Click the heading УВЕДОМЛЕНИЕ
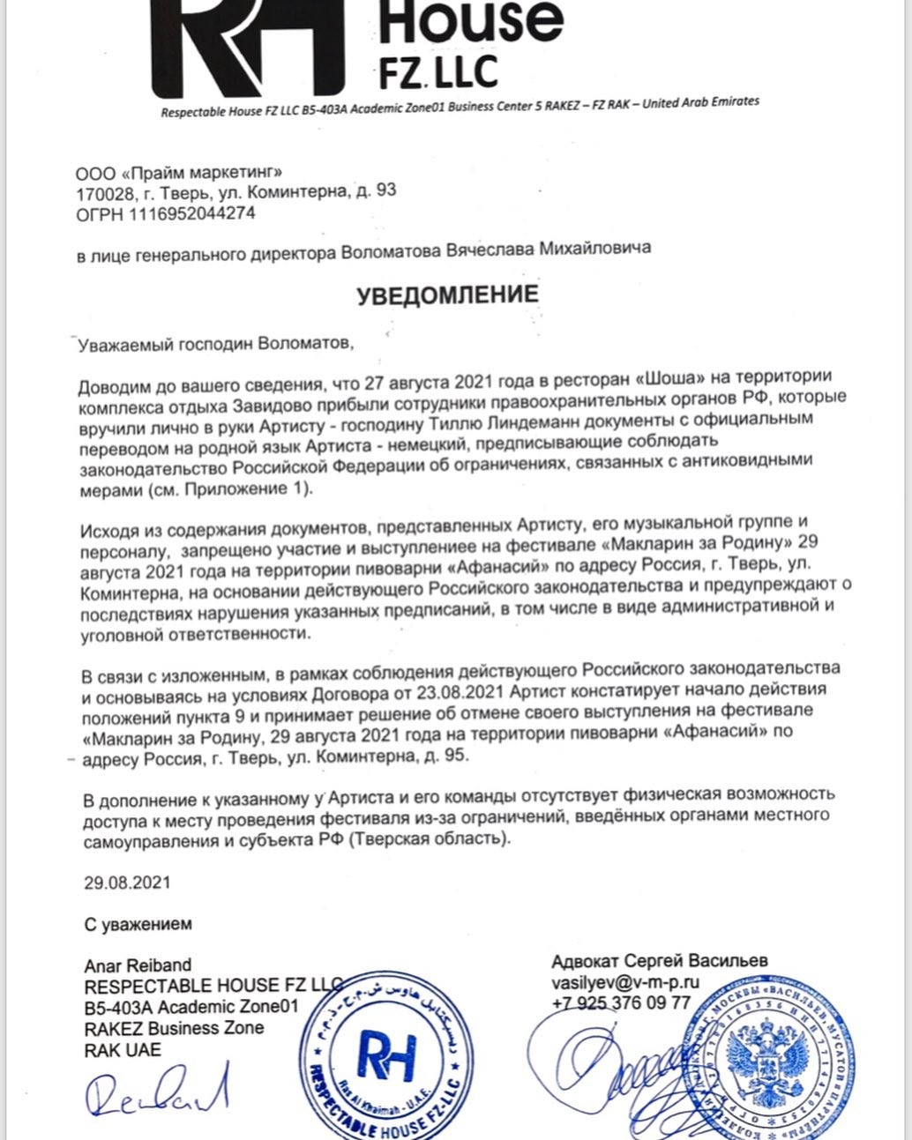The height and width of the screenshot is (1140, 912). (x=447, y=294)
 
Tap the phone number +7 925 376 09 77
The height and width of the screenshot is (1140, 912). (x=621, y=1003)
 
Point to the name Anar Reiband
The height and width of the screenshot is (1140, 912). (x=138, y=965)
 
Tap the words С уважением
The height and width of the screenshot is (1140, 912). (x=138, y=925)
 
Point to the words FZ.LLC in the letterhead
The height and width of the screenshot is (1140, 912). (x=438, y=71)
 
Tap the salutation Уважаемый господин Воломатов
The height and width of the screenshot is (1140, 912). (x=215, y=344)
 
